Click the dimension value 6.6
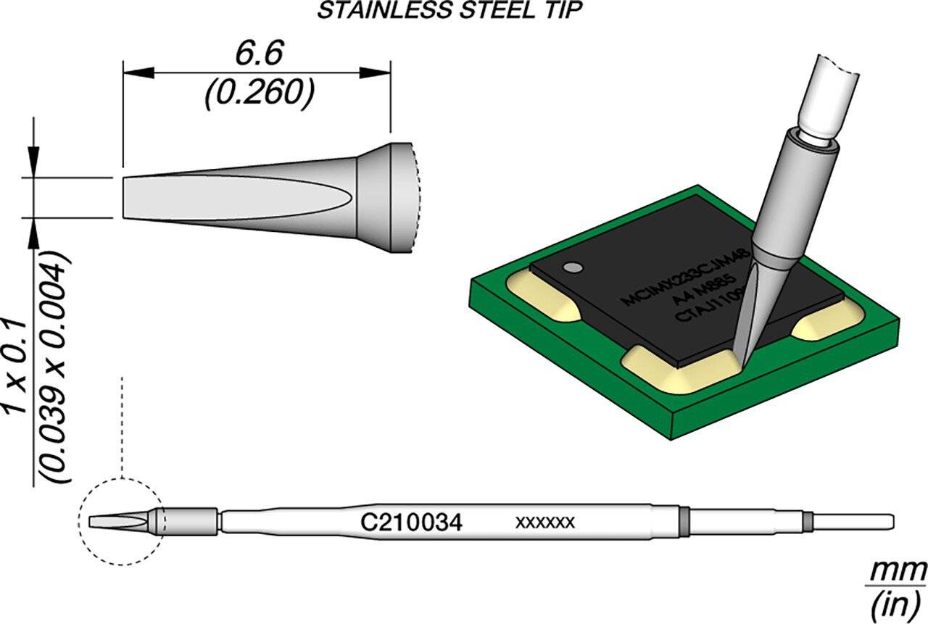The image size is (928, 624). click(x=258, y=54)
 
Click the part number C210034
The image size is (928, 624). click(x=411, y=522)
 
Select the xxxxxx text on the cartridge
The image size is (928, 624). click(x=544, y=522)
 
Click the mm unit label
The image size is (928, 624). click(x=896, y=572)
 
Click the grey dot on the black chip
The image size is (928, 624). click(x=574, y=268)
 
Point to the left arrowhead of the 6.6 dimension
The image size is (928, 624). click(x=138, y=72)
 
